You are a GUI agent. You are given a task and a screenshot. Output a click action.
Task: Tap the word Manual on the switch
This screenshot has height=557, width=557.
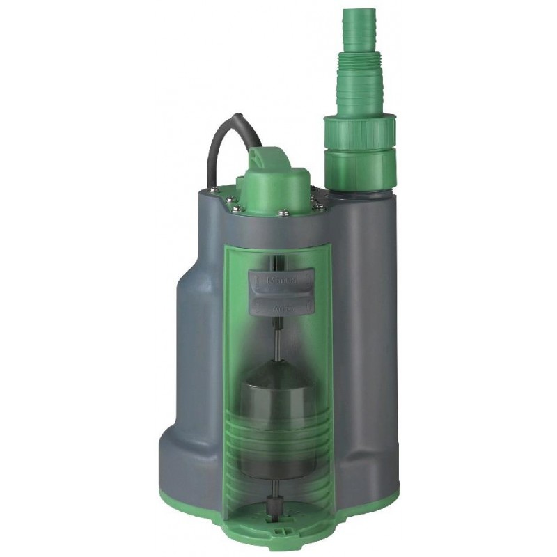coord(282,281)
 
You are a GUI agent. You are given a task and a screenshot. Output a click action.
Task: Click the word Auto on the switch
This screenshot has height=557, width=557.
coord(282,306)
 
